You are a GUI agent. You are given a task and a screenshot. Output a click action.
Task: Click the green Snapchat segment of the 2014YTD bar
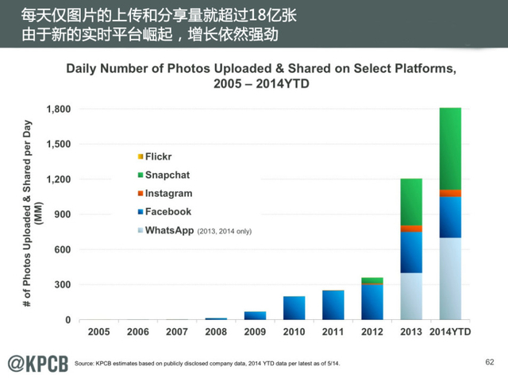(450, 149)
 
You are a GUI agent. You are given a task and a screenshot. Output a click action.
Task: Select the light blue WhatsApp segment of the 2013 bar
(411, 296)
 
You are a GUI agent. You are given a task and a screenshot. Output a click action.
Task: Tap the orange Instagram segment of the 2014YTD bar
(450, 193)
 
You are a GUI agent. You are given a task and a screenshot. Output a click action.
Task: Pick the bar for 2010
(294, 307)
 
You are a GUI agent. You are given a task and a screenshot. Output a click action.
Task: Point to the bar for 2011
(333, 305)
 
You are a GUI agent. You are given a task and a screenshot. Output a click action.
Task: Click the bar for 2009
(255, 315)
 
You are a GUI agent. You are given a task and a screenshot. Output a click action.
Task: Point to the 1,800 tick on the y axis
(59, 109)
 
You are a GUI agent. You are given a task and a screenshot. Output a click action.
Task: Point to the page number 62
(490, 363)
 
